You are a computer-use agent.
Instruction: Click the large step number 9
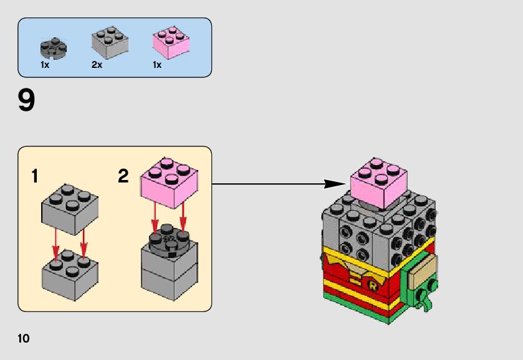click(x=26, y=101)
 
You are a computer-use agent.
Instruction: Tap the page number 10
click(x=24, y=339)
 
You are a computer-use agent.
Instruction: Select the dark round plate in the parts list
click(x=53, y=47)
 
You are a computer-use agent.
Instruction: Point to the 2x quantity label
click(x=97, y=65)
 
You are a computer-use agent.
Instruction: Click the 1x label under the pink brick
click(x=157, y=65)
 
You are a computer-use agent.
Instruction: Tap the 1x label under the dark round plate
click(x=45, y=65)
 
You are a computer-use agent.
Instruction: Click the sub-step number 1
click(x=35, y=176)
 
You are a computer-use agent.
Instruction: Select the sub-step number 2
click(x=123, y=176)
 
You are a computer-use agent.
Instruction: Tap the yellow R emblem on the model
click(x=373, y=285)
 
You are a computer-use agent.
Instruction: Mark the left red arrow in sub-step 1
click(x=55, y=244)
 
